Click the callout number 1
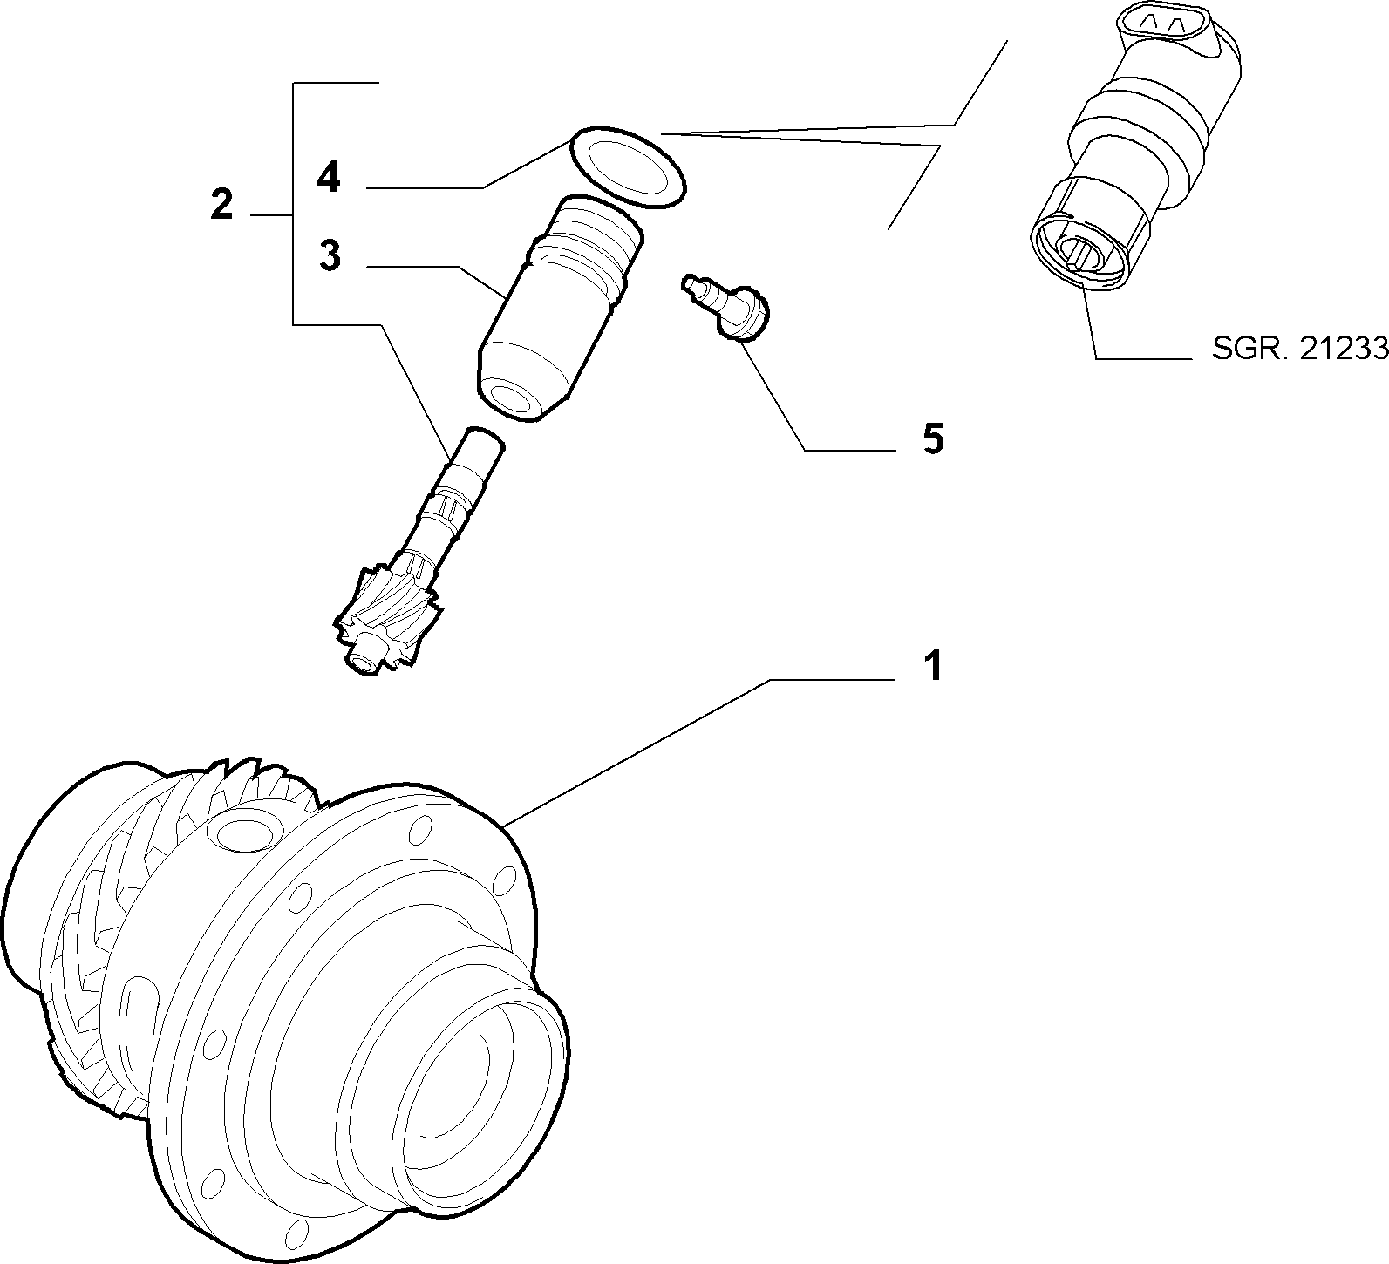click(x=933, y=666)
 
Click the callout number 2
click(x=221, y=205)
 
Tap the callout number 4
click(x=329, y=178)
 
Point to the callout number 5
click(x=933, y=439)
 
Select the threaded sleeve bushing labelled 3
click(x=562, y=308)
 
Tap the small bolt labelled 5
click(x=727, y=308)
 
